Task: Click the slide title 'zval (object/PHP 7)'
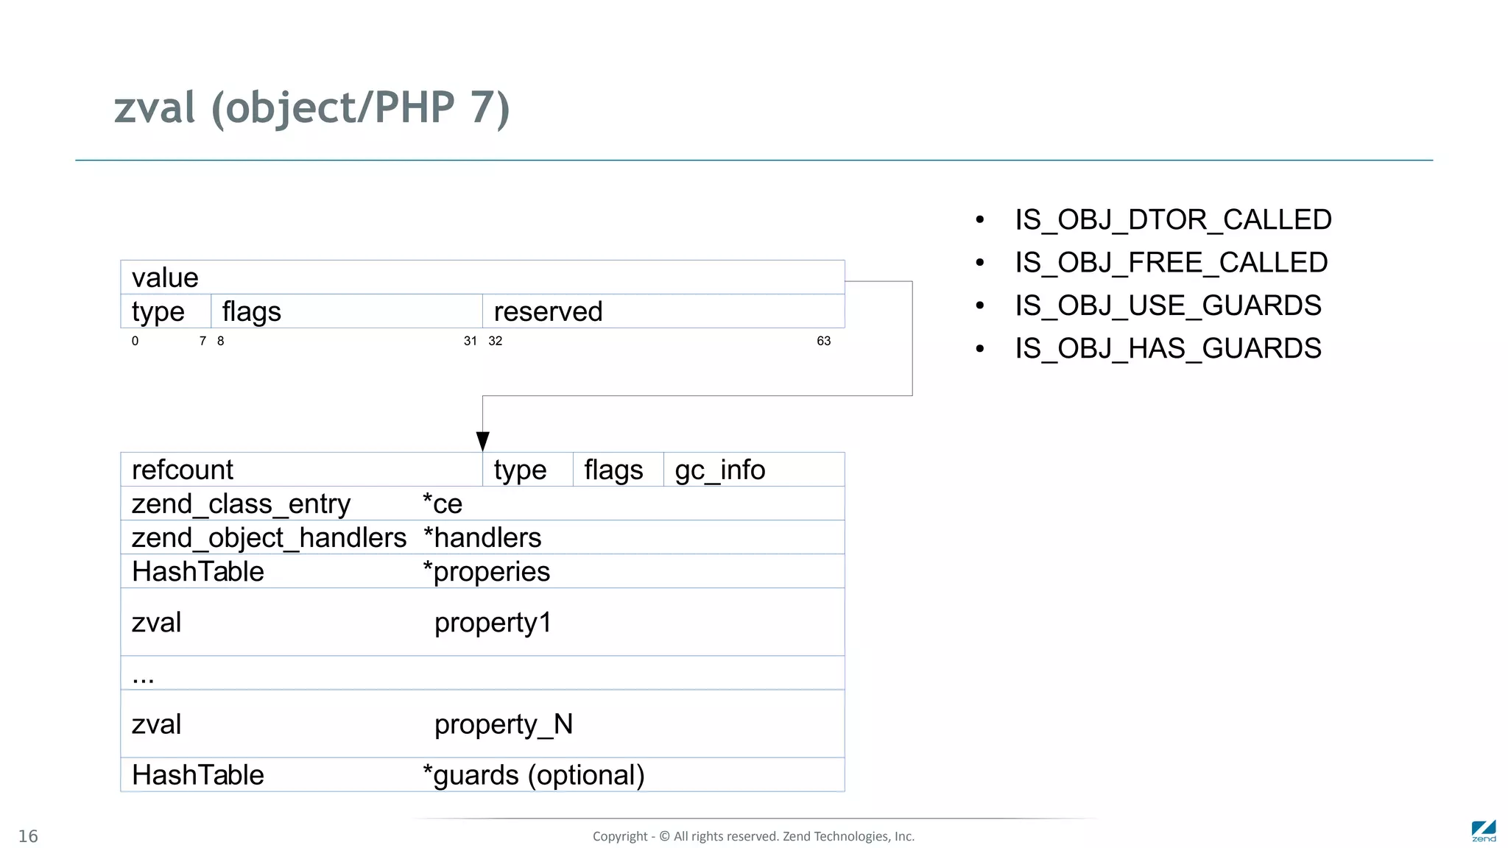click(x=311, y=107)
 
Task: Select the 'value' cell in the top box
click(x=165, y=278)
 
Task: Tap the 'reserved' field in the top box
click(x=548, y=311)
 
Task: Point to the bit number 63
click(x=823, y=341)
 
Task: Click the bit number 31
click(x=470, y=341)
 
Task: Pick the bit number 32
click(x=496, y=341)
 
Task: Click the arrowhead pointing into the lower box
click(x=483, y=441)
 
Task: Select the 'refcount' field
click(x=183, y=470)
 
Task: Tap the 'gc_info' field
click(x=719, y=470)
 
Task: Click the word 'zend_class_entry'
click(x=241, y=504)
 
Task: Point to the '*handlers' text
click(x=482, y=538)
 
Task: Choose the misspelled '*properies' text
click(x=486, y=572)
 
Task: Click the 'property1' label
click(x=493, y=623)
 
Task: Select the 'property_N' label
click(x=503, y=724)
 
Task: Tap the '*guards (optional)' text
click(x=533, y=775)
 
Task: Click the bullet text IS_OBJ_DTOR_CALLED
click(x=1173, y=219)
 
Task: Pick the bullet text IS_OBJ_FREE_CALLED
click(x=1171, y=262)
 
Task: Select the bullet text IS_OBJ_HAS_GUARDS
click(x=1168, y=348)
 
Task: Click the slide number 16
click(x=28, y=836)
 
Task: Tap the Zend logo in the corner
click(x=1484, y=831)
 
